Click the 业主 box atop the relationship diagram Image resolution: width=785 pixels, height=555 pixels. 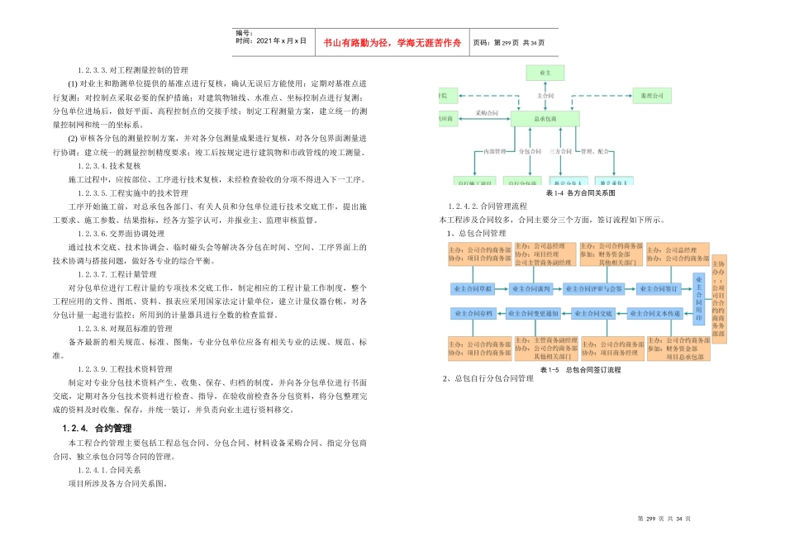point(545,74)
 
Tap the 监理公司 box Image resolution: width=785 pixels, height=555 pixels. point(652,97)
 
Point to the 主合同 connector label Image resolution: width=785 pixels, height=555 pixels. point(545,96)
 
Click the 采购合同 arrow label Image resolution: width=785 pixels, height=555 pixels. point(488,112)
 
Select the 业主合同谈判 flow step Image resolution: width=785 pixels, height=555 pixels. point(530,289)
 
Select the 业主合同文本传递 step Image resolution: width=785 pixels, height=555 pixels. point(657,314)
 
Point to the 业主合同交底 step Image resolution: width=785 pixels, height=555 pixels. point(594,314)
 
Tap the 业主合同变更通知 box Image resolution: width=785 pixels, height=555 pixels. point(532,314)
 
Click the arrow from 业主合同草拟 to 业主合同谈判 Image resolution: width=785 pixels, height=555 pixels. point(502,289)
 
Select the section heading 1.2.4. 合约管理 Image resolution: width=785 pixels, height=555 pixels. point(98,429)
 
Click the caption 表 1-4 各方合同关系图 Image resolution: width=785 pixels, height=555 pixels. point(581,193)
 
